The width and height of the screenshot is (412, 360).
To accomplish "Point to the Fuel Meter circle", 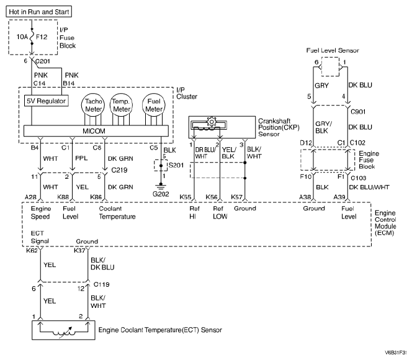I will [154, 106].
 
